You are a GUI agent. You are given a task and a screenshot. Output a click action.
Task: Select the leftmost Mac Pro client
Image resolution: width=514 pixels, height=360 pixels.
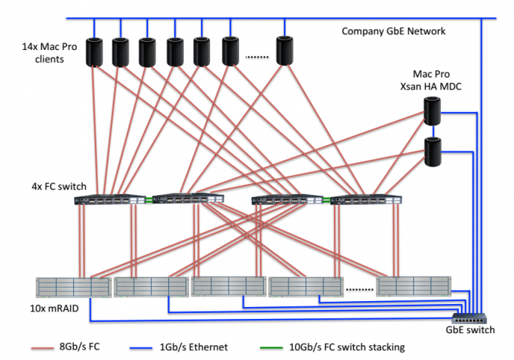tap(95, 51)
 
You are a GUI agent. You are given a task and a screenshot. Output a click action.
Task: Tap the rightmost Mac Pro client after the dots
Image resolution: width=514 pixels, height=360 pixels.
tap(285, 51)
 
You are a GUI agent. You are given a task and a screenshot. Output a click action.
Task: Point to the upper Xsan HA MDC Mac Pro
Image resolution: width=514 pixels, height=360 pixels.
tap(433, 110)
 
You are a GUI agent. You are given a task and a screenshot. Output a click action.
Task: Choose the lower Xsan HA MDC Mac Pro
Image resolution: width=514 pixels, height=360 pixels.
tap(433, 151)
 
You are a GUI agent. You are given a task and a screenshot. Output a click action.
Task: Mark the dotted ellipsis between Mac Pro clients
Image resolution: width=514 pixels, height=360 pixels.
tap(256, 55)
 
